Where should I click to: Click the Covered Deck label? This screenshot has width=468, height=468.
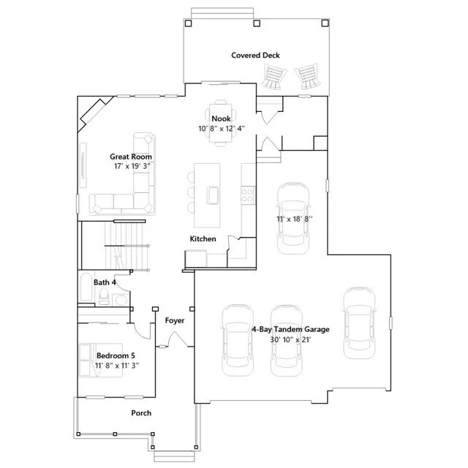(255, 56)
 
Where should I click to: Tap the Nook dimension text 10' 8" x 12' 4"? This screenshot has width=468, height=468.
(222, 129)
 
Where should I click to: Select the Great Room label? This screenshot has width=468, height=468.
(131, 156)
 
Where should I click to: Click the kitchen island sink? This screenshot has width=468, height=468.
(213, 195)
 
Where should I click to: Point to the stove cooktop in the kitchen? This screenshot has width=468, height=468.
(248, 195)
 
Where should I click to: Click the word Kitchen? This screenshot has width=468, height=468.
(203, 239)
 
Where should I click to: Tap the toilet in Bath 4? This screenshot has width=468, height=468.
(104, 296)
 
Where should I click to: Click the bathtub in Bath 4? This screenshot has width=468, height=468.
(86, 287)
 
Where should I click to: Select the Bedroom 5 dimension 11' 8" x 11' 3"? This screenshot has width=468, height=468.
(117, 366)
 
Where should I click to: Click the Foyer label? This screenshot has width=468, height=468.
(175, 320)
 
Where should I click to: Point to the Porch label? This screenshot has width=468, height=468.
(141, 413)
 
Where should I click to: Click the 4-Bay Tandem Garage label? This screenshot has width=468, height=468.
(290, 330)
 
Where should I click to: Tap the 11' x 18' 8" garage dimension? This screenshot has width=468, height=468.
(295, 219)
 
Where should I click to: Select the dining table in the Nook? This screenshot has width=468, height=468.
(221, 123)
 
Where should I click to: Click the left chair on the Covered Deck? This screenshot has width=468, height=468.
(273, 77)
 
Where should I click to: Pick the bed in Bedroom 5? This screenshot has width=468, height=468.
(101, 360)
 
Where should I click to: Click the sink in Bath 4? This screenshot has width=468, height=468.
(121, 300)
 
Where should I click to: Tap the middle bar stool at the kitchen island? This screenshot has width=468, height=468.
(191, 192)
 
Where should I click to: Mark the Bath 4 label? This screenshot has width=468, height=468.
(105, 282)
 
